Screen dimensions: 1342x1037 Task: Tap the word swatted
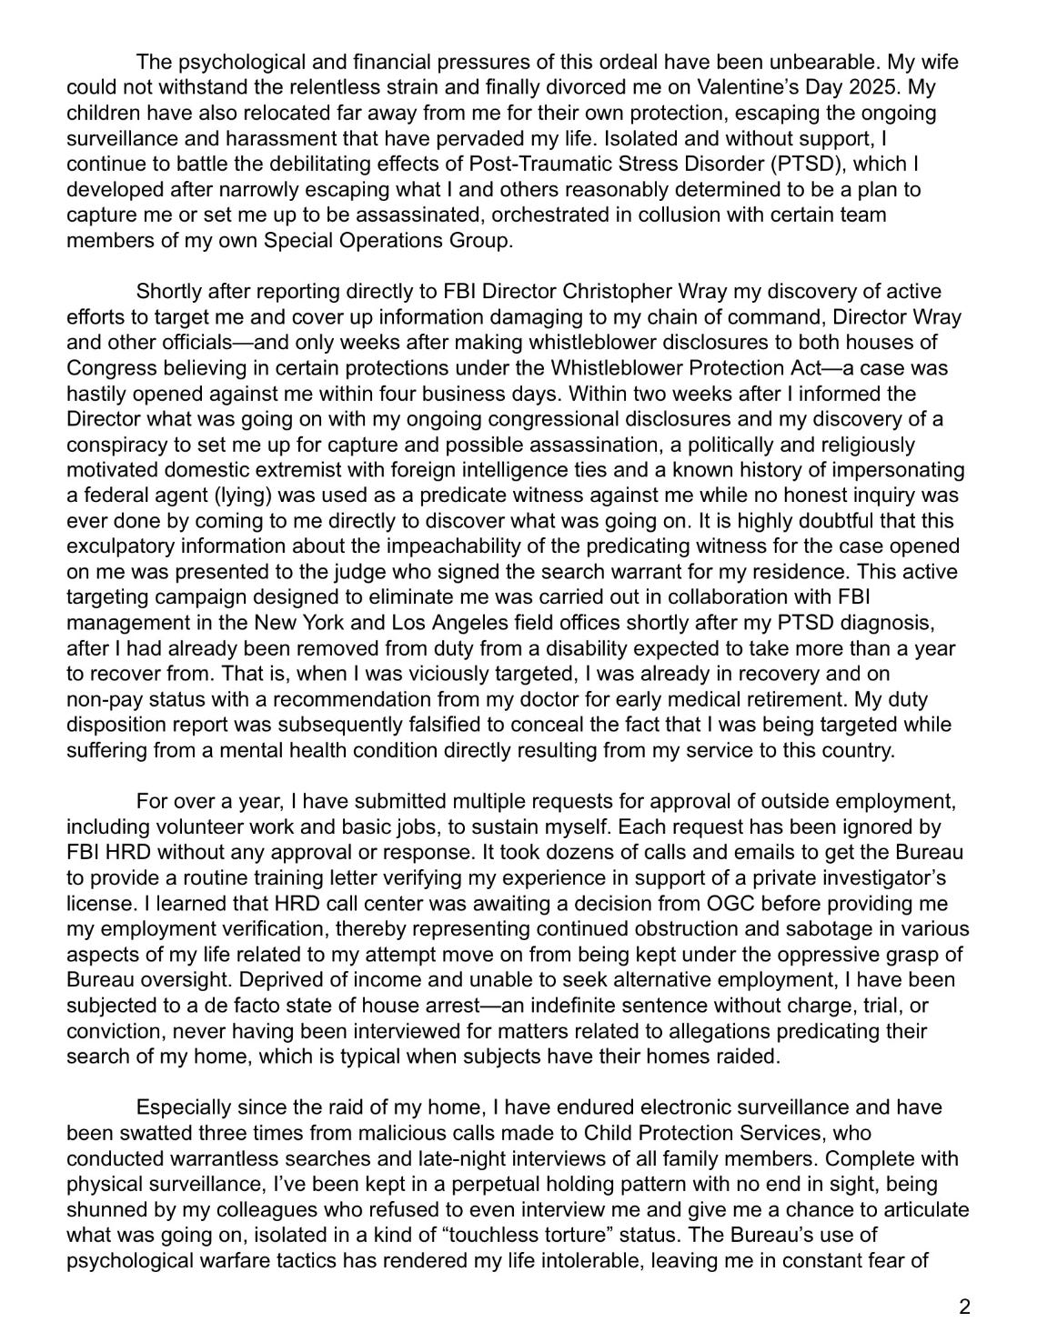click(x=146, y=1134)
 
